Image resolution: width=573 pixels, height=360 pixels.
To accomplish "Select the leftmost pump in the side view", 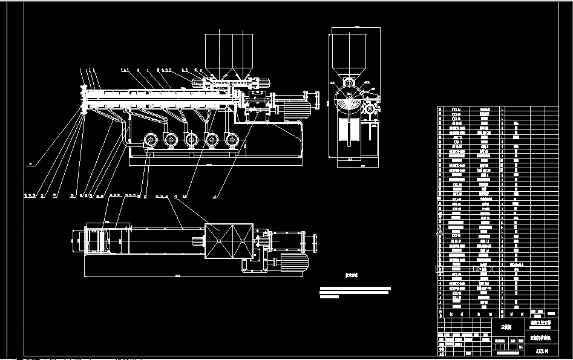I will click(148, 140).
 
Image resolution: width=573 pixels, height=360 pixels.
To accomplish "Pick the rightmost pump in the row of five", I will click(231, 140).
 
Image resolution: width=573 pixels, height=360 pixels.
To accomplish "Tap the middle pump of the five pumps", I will click(190, 140).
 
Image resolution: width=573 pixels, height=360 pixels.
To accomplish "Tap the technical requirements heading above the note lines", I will click(352, 275).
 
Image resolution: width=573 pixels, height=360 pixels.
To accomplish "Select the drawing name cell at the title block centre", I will click(501, 326).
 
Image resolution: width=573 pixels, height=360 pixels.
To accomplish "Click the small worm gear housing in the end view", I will click(368, 111).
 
